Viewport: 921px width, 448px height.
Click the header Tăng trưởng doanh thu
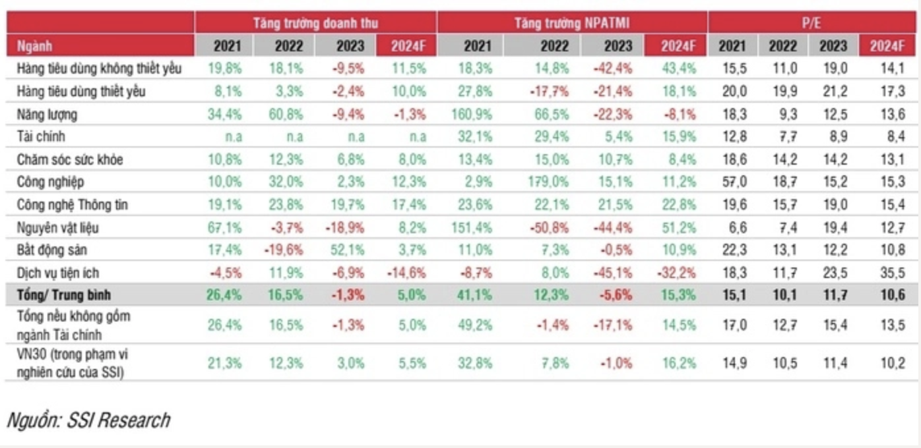point(315,23)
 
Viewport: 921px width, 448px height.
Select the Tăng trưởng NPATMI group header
point(572,23)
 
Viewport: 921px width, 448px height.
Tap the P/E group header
point(811,23)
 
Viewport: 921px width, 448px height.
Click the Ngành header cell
point(34,46)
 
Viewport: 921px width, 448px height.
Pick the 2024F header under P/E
point(887,46)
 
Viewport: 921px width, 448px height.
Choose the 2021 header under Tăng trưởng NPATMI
point(478,46)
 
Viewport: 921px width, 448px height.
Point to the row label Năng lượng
point(47,114)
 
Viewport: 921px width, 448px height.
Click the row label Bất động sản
point(52,250)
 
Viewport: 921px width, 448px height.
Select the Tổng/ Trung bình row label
point(64,295)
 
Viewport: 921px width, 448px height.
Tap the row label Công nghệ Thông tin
point(73,204)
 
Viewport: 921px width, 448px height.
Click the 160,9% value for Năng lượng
point(472,114)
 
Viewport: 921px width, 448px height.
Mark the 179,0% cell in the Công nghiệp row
point(548,181)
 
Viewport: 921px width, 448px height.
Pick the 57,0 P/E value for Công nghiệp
point(734,181)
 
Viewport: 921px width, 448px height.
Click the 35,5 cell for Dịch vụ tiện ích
point(893,273)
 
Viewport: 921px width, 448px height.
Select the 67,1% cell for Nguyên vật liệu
point(224,227)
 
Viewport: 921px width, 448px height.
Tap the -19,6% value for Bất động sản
point(283,250)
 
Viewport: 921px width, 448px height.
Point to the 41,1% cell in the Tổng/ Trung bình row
point(474,295)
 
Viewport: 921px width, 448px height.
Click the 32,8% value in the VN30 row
point(475,363)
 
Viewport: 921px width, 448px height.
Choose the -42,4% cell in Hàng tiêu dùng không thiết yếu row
point(613,68)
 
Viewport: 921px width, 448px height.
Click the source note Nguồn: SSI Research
point(88,420)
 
